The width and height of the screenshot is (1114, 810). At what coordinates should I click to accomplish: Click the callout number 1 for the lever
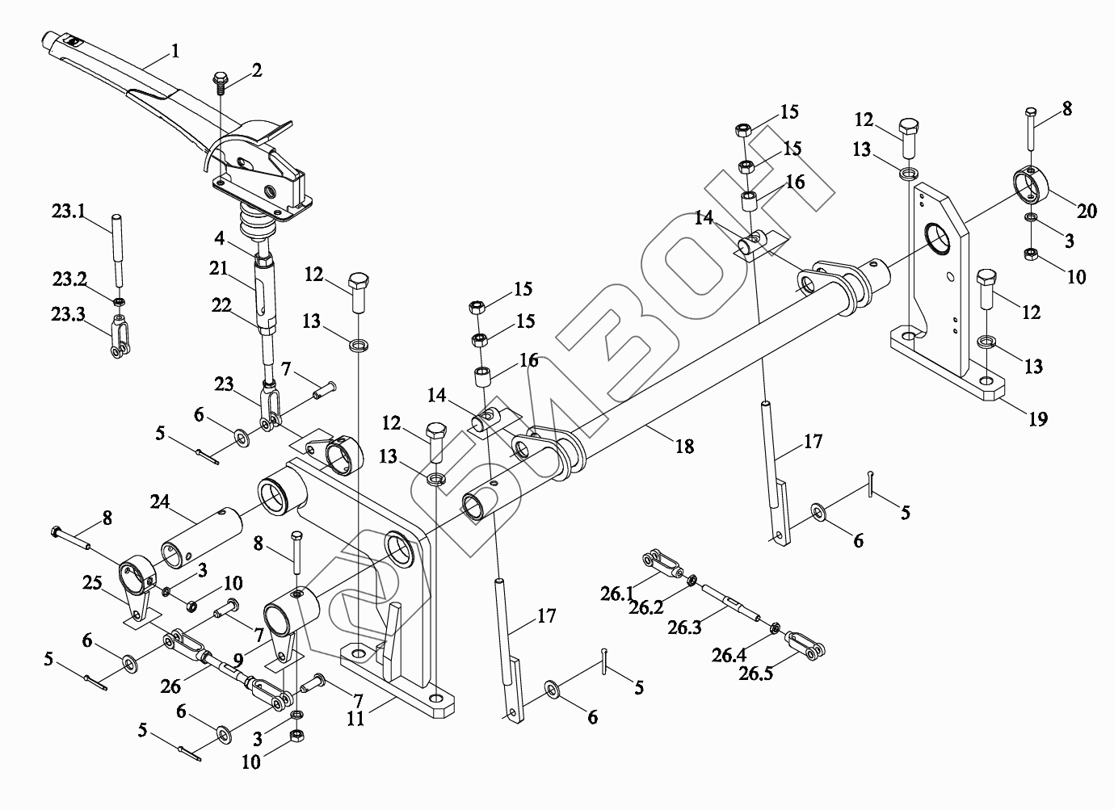(x=174, y=51)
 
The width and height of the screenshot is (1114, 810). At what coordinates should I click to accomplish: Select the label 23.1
(x=68, y=212)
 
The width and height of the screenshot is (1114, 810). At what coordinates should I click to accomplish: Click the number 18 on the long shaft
(x=684, y=445)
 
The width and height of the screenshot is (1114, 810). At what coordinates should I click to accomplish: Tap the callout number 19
(x=1037, y=418)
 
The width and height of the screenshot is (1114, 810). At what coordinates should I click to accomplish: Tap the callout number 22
(x=223, y=305)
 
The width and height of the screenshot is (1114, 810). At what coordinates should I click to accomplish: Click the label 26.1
(x=618, y=594)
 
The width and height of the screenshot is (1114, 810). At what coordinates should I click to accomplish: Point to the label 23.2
(x=69, y=279)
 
